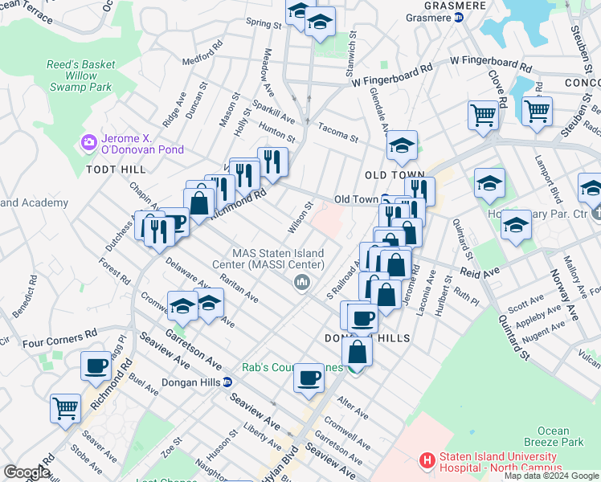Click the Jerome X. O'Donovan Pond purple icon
[88, 143]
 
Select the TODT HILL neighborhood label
[117, 170]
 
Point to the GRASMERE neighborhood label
[435, 5]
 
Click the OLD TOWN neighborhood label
[394, 175]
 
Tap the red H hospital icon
[428, 461]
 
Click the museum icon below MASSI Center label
[302, 281]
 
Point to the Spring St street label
[264, 24]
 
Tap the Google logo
[27, 472]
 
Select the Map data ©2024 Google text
[551, 476]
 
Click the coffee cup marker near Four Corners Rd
[96, 366]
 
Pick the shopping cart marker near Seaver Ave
[65, 407]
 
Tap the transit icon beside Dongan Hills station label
[227, 382]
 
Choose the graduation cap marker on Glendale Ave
[402, 145]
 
